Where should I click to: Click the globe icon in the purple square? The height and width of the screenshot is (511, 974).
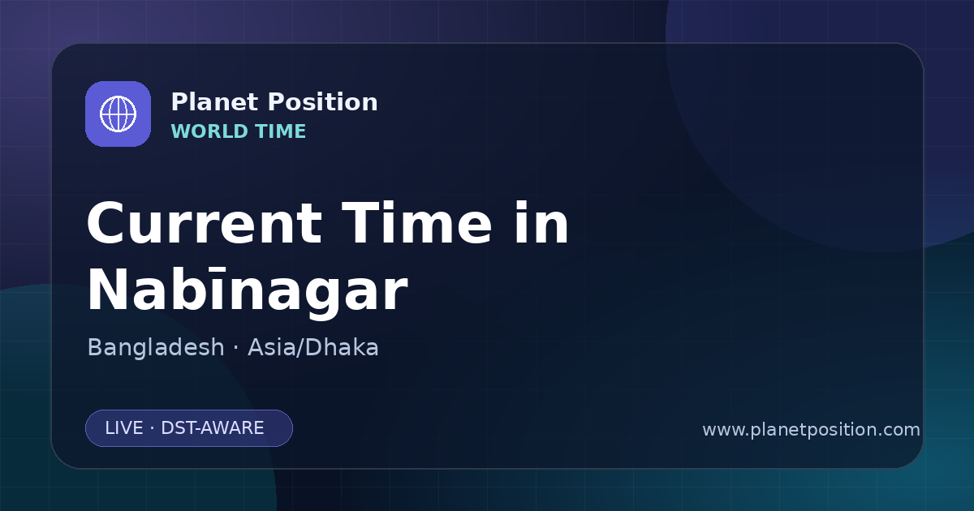(x=118, y=114)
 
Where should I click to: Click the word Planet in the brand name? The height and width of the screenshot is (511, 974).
(x=215, y=102)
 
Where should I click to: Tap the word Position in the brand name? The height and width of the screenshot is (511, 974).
(x=323, y=102)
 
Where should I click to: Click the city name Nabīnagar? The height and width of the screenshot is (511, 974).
(x=248, y=290)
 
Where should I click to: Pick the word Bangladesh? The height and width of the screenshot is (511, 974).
(x=156, y=347)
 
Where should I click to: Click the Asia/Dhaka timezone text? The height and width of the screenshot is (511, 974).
(x=313, y=347)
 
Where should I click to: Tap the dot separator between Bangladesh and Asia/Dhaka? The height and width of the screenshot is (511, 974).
(x=236, y=348)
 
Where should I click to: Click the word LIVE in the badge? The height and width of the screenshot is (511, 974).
(x=124, y=428)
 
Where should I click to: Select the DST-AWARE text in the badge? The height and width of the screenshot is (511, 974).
(x=212, y=428)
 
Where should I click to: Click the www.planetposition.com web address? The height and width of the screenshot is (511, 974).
(x=812, y=430)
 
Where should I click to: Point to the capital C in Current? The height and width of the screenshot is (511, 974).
(x=106, y=223)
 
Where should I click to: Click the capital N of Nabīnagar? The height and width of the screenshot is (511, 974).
(x=108, y=290)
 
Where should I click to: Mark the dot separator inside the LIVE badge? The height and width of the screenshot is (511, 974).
(x=153, y=428)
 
